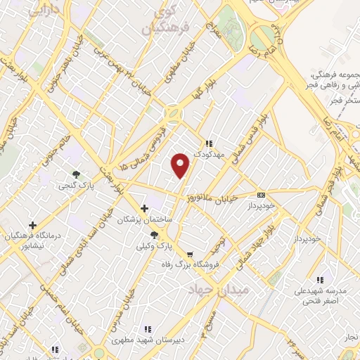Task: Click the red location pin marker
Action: [x=181, y=165]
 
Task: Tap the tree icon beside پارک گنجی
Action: [x=76, y=174]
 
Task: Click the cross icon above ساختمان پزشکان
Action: [x=145, y=208]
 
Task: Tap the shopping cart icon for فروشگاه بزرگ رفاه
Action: [x=190, y=254]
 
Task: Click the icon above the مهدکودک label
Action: [x=209, y=143]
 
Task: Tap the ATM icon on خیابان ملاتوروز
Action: [x=261, y=195]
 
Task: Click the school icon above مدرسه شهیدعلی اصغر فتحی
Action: [x=321, y=280]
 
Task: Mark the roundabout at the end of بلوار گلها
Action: [x=172, y=112]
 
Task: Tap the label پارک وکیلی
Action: [x=153, y=247]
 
